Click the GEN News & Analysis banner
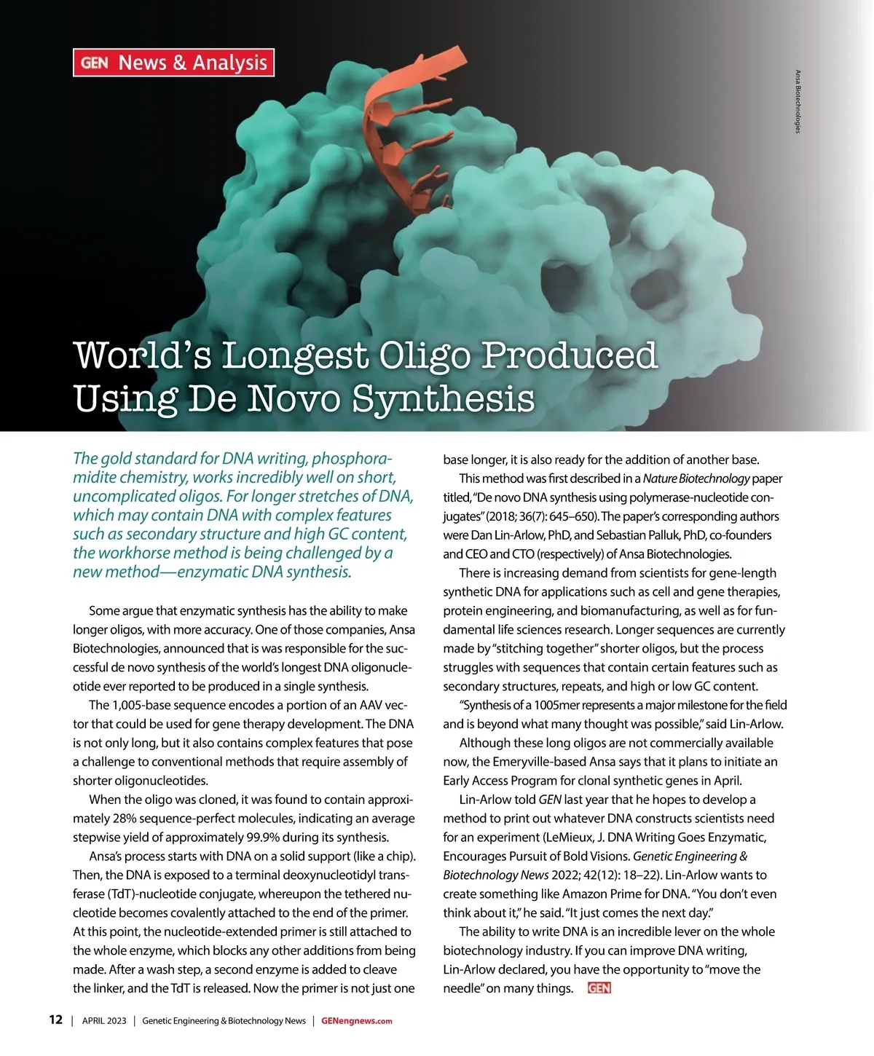point(173,63)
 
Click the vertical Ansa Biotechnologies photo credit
point(798,101)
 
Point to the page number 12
point(56,1020)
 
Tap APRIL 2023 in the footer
point(104,1020)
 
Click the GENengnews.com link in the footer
point(356,1020)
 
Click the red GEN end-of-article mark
point(599,988)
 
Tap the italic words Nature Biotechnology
point(696,478)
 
